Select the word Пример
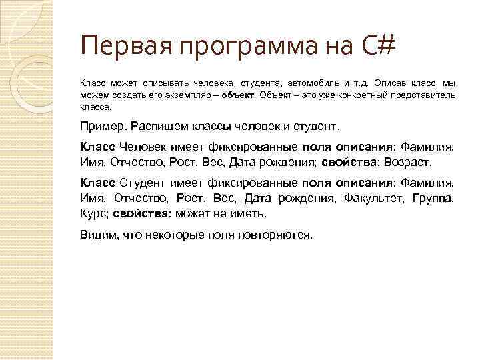tap(103, 125)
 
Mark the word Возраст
tap(409, 161)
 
